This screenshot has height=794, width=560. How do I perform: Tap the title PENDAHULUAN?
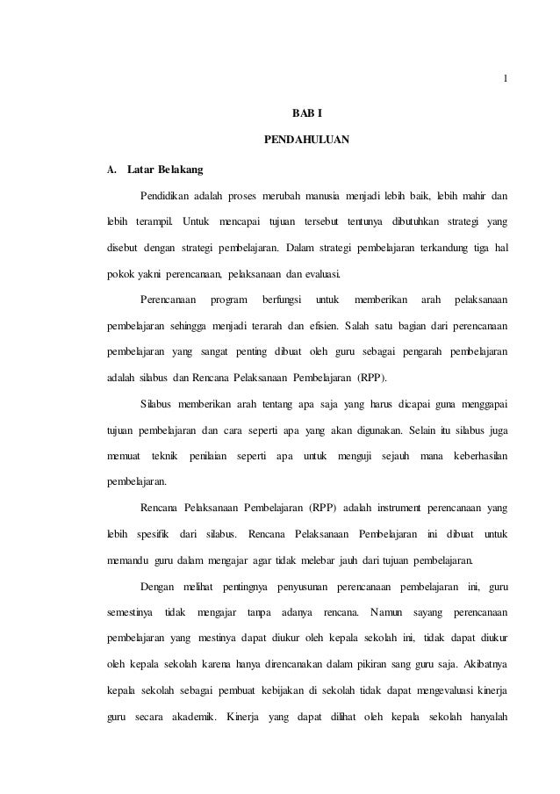[306, 140]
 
